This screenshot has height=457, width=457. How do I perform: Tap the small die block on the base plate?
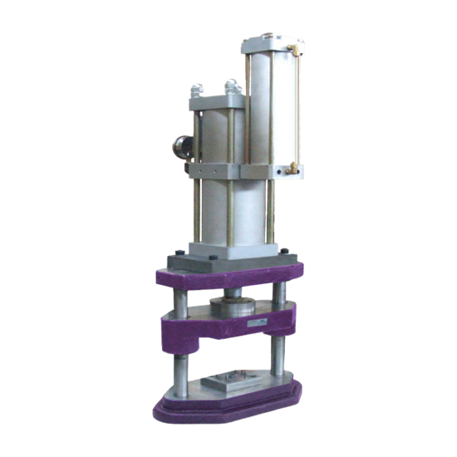tap(228, 384)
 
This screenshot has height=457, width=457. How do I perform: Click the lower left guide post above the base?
tap(178, 366)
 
